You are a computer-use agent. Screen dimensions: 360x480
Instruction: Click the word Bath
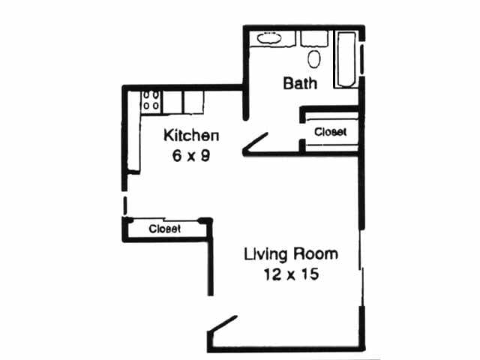click(300, 82)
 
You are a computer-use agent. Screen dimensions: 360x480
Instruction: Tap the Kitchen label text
click(191, 136)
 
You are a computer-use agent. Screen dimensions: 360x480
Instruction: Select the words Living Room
click(291, 253)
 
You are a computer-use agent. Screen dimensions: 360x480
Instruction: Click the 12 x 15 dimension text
click(291, 274)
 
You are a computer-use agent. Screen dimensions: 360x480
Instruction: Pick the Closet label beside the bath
click(331, 132)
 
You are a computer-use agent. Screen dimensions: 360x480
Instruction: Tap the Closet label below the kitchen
click(165, 229)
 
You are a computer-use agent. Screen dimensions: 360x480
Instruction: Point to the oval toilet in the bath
click(314, 58)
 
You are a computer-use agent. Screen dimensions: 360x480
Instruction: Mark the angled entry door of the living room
click(223, 322)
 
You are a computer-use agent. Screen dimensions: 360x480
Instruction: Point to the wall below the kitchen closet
click(165, 240)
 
